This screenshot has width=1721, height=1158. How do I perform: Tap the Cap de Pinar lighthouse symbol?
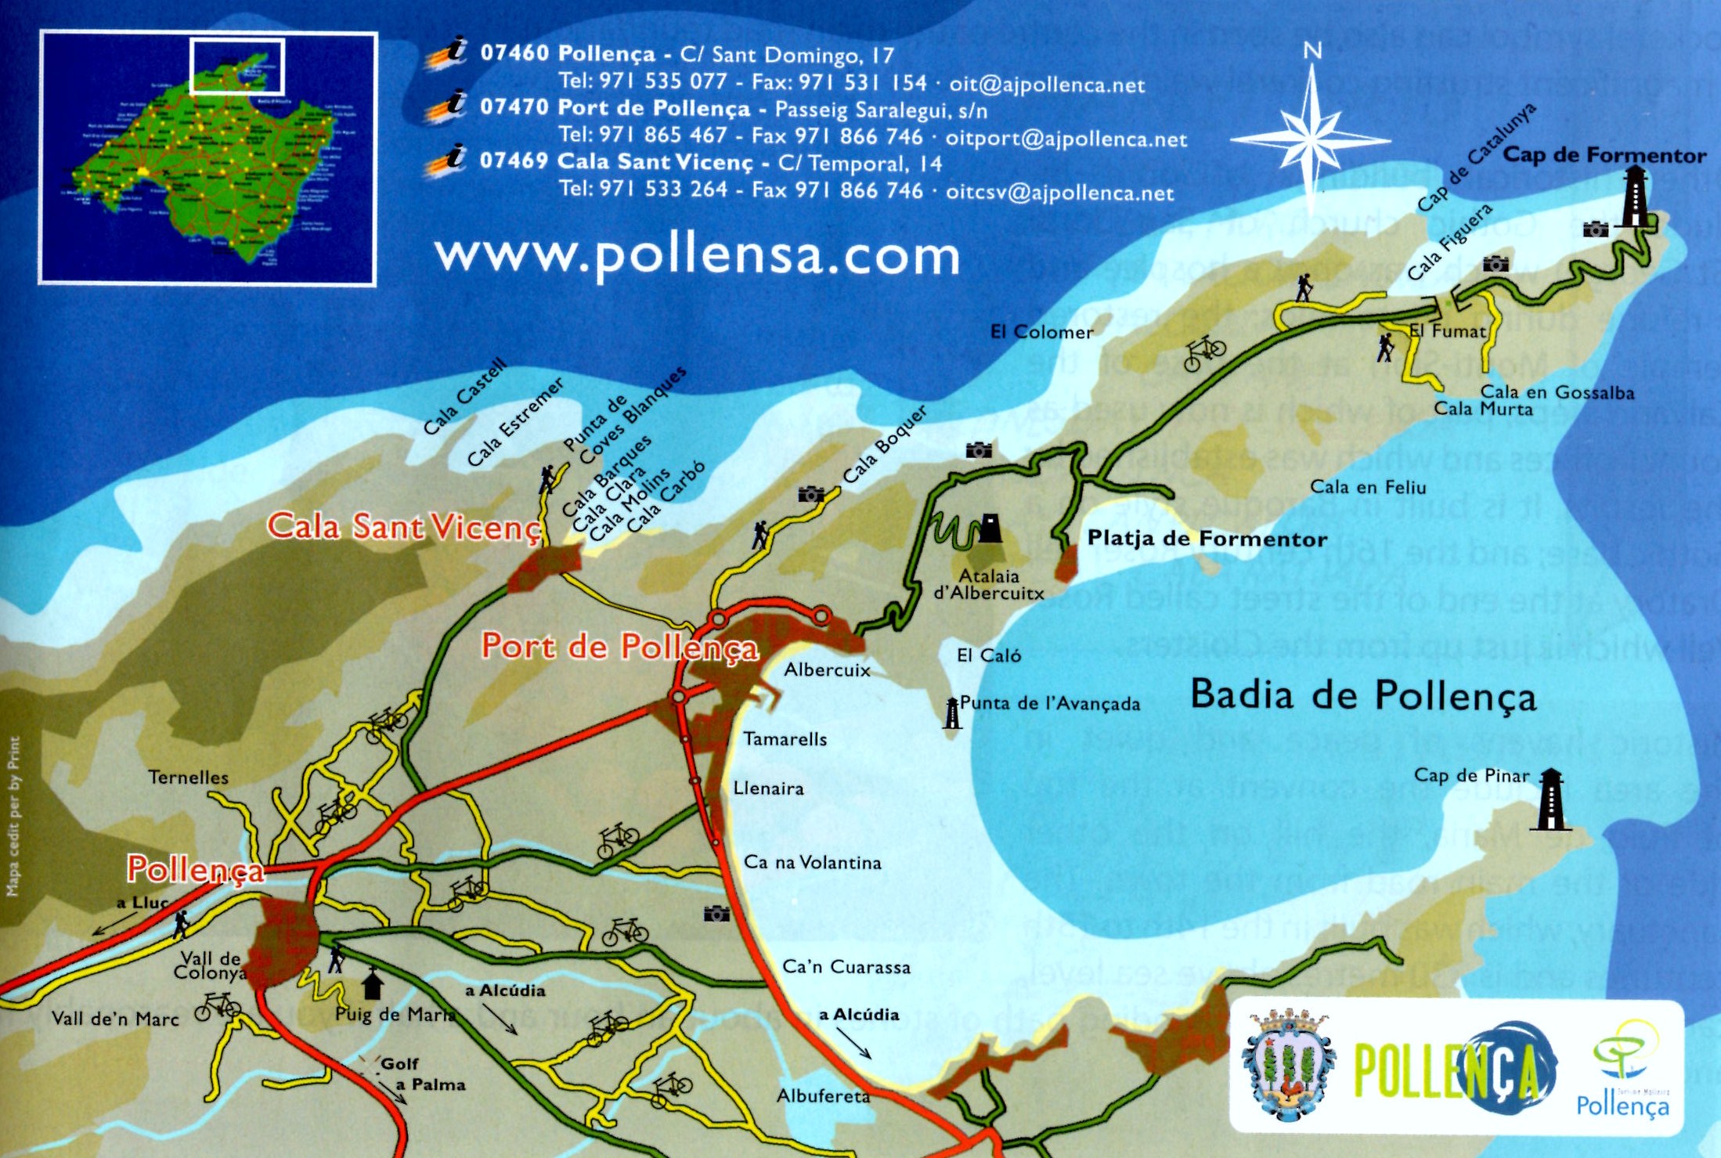tap(1550, 799)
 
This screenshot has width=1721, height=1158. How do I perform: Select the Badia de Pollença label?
tap(1362, 695)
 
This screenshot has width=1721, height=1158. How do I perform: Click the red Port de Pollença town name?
tap(619, 647)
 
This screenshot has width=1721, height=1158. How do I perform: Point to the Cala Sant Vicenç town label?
tap(404, 527)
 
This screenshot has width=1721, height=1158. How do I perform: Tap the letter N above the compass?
tap(1312, 51)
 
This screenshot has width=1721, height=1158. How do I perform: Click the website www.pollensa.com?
tap(697, 255)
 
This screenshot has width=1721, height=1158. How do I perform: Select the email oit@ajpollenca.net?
tap(1047, 85)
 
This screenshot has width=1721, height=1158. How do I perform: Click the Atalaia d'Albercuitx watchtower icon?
tap(990, 528)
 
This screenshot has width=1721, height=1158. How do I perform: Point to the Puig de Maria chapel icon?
tap(372, 984)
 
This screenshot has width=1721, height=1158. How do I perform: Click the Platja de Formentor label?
tap(1207, 539)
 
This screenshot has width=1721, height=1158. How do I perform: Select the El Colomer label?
tap(1041, 332)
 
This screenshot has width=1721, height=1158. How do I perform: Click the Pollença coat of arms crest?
tap(1289, 1065)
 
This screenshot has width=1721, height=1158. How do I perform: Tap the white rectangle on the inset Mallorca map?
tap(237, 66)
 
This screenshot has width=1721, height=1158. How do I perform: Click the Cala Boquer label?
tap(885, 444)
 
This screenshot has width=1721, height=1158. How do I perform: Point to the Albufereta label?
tap(823, 1096)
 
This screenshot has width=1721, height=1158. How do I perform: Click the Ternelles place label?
tap(189, 777)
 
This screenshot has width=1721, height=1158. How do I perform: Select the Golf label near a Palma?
tap(399, 1064)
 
